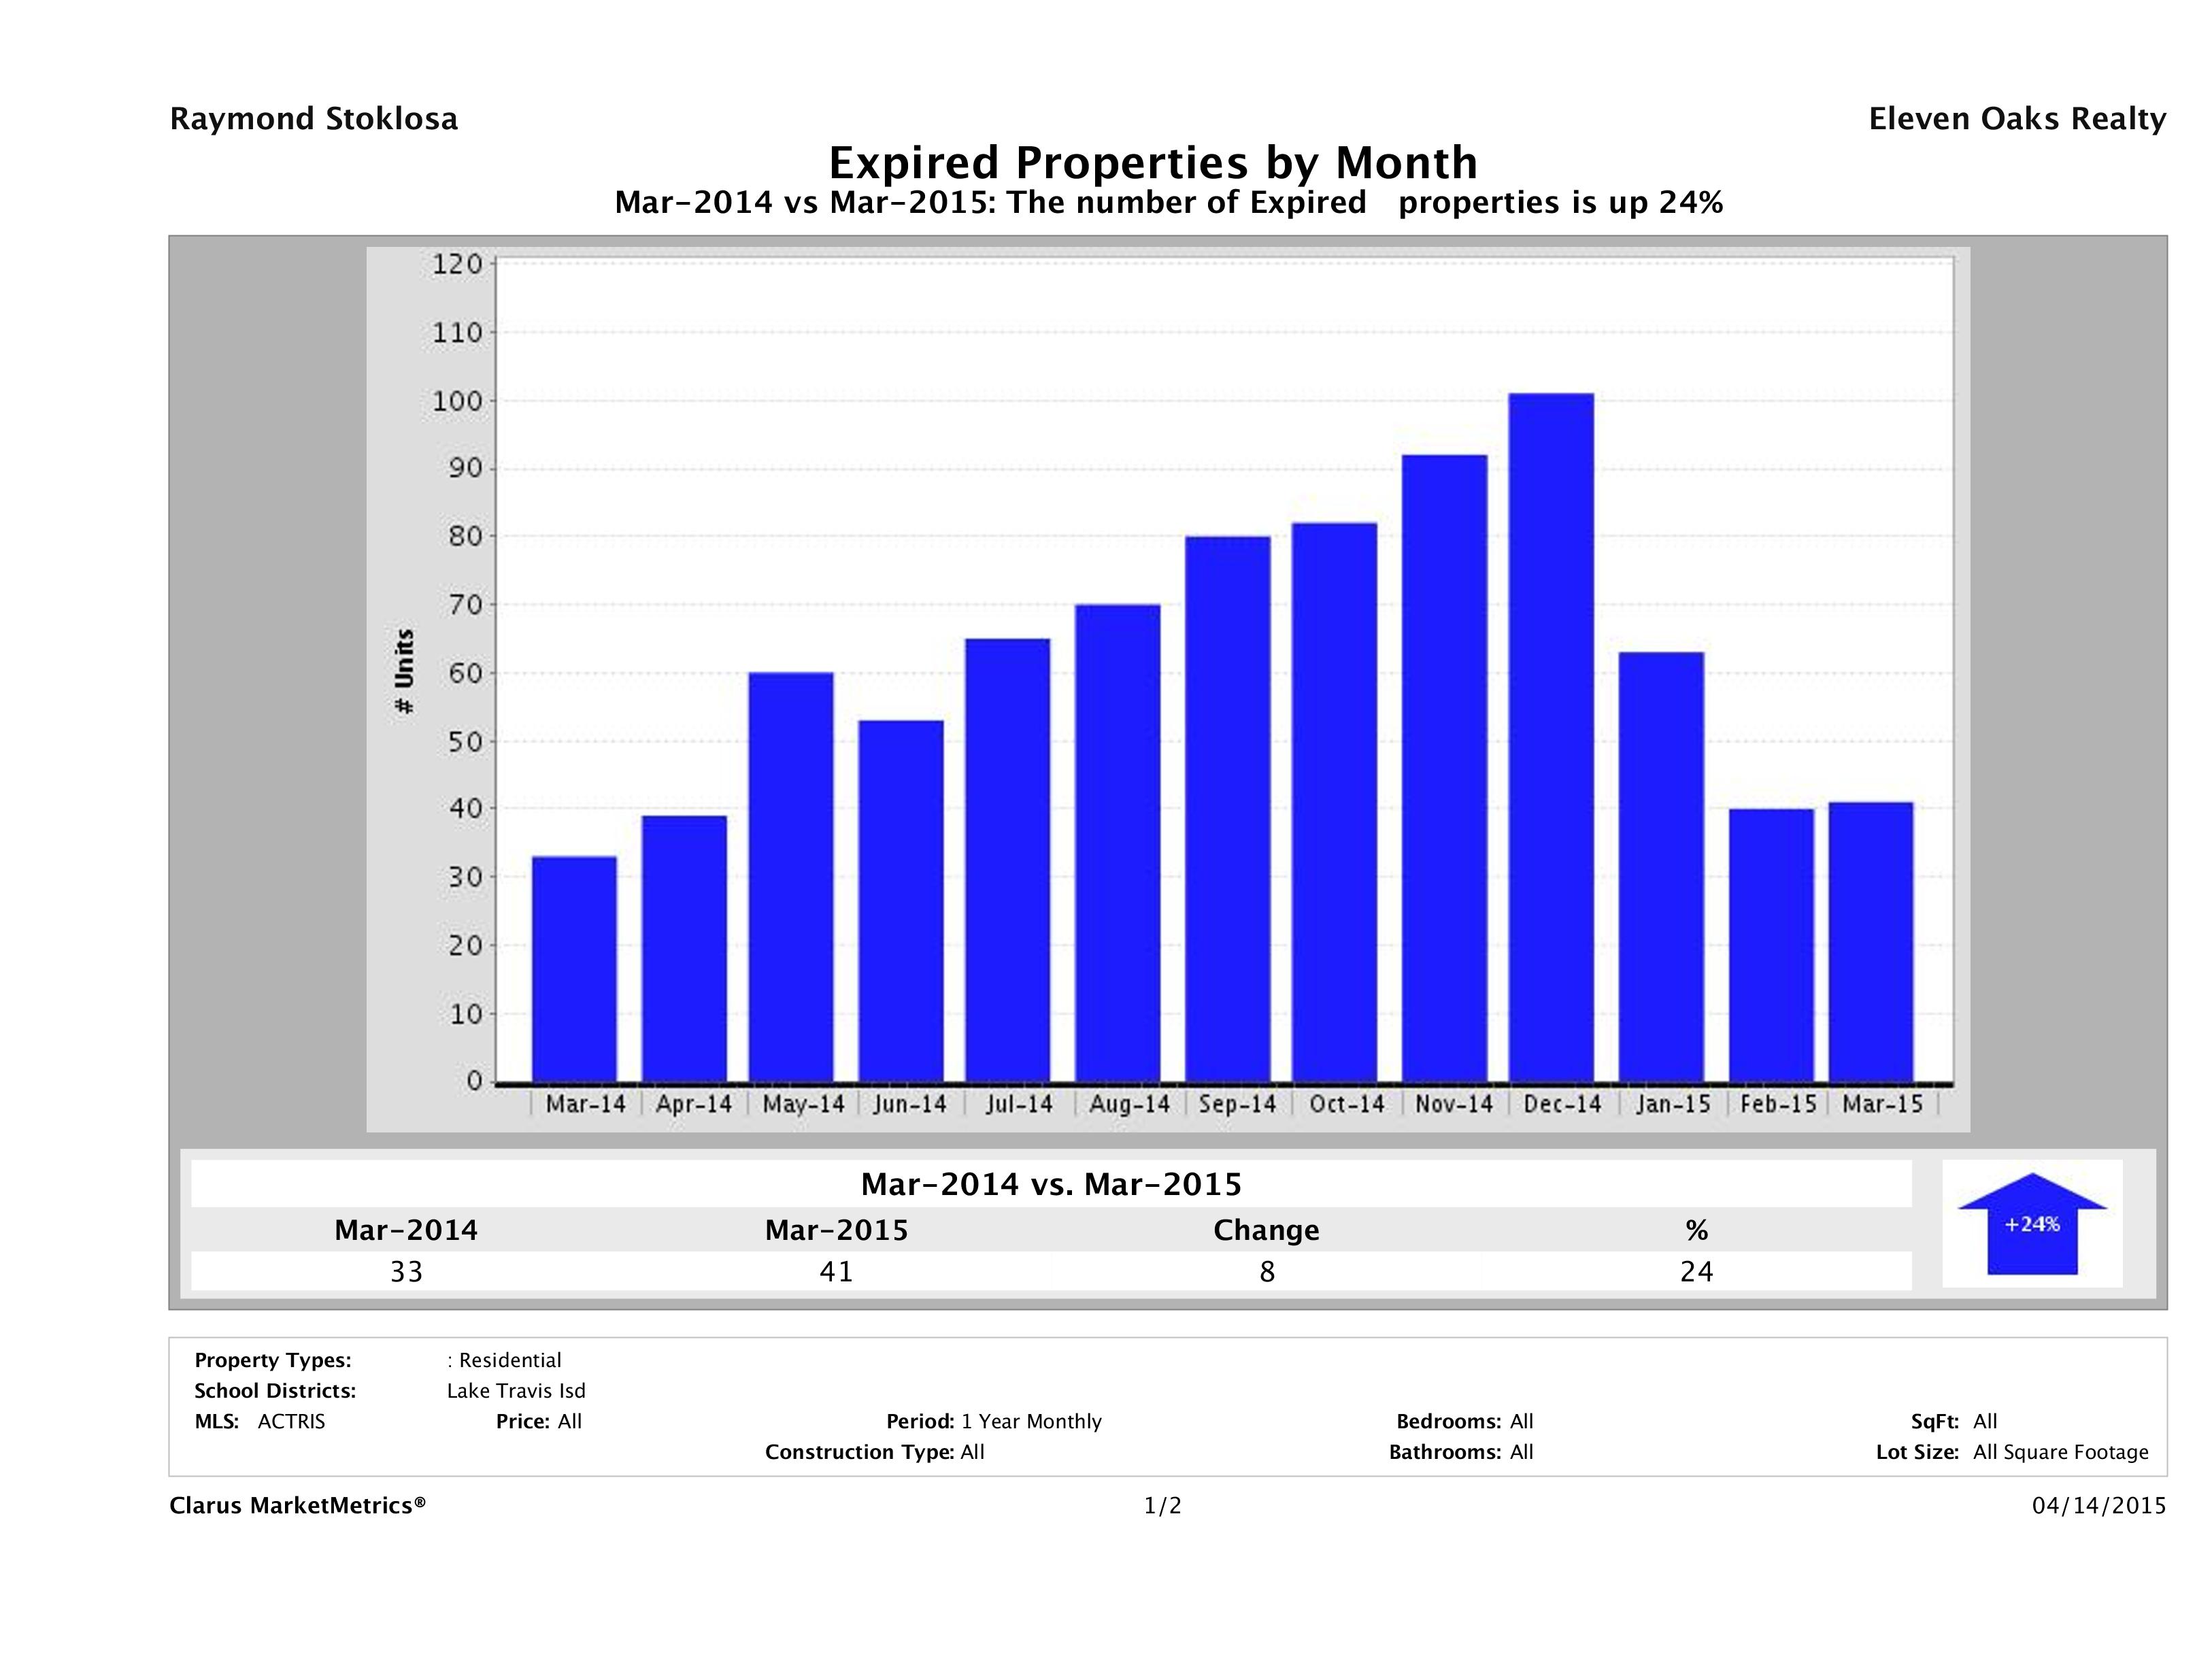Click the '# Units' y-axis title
click(404, 672)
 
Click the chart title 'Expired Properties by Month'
click(1152, 162)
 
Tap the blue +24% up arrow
click(2031, 1224)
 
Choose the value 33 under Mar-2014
click(406, 1271)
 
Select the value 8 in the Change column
click(1267, 1271)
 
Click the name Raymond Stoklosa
click(314, 119)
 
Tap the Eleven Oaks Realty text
click(2016, 119)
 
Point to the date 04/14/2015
click(2098, 1505)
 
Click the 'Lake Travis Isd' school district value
click(516, 1391)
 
